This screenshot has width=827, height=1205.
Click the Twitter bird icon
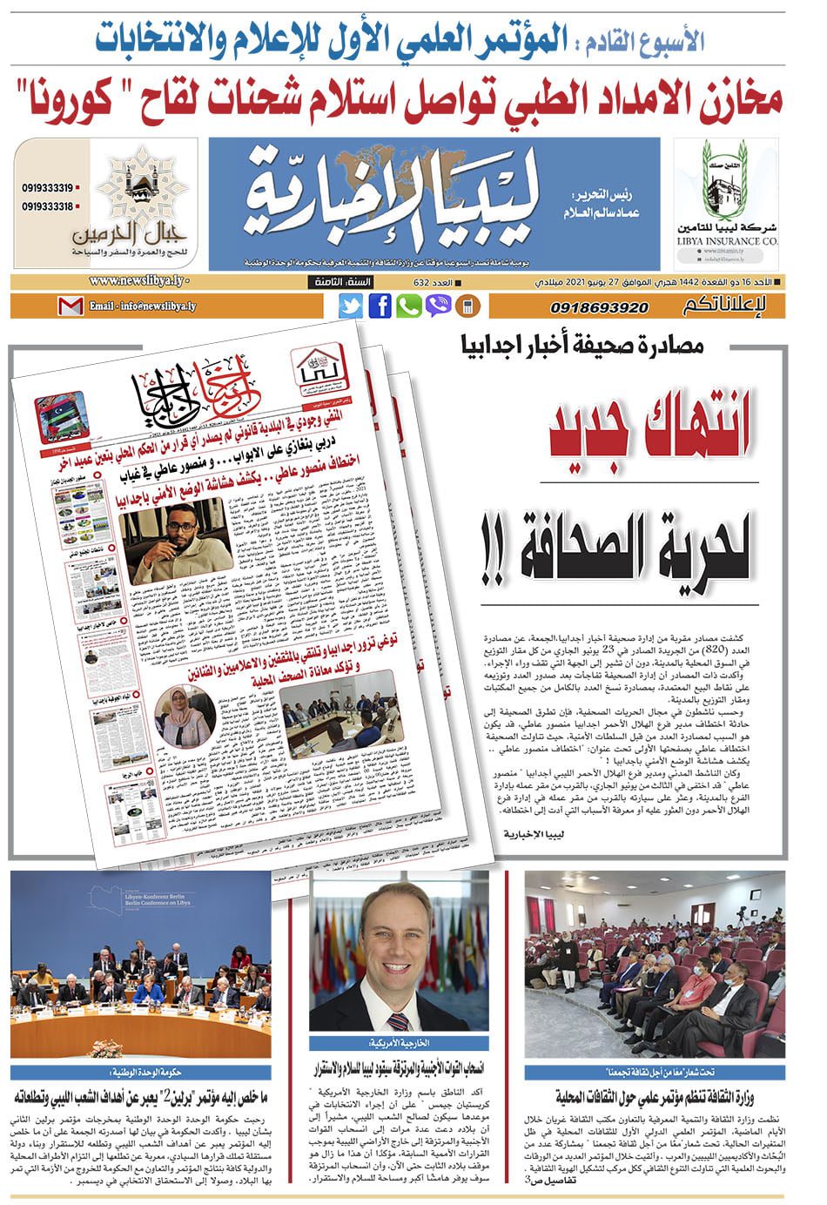click(x=350, y=306)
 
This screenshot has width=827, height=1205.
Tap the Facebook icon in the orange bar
click(x=380, y=306)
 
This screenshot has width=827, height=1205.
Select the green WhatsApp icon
click(x=408, y=306)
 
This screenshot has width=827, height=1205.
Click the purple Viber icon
click(x=438, y=306)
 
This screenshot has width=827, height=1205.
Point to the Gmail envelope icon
click(x=71, y=306)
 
